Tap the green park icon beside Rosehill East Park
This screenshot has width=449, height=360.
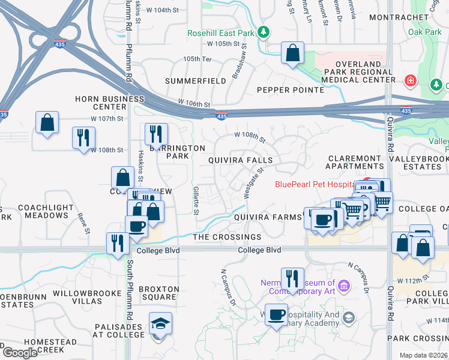[x=263, y=32]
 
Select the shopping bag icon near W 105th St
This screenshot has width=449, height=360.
[x=292, y=53]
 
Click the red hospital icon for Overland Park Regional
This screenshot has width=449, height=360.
[x=411, y=80]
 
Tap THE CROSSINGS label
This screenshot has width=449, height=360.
[x=227, y=238]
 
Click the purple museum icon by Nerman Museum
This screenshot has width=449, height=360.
[x=344, y=286]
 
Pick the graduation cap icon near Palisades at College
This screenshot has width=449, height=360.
[x=160, y=324]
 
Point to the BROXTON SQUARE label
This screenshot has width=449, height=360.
[x=158, y=293]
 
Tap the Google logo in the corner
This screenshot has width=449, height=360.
[x=20, y=352]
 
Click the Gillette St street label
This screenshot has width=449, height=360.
[x=196, y=200]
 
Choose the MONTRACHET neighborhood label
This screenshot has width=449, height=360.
[x=396, y=17]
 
